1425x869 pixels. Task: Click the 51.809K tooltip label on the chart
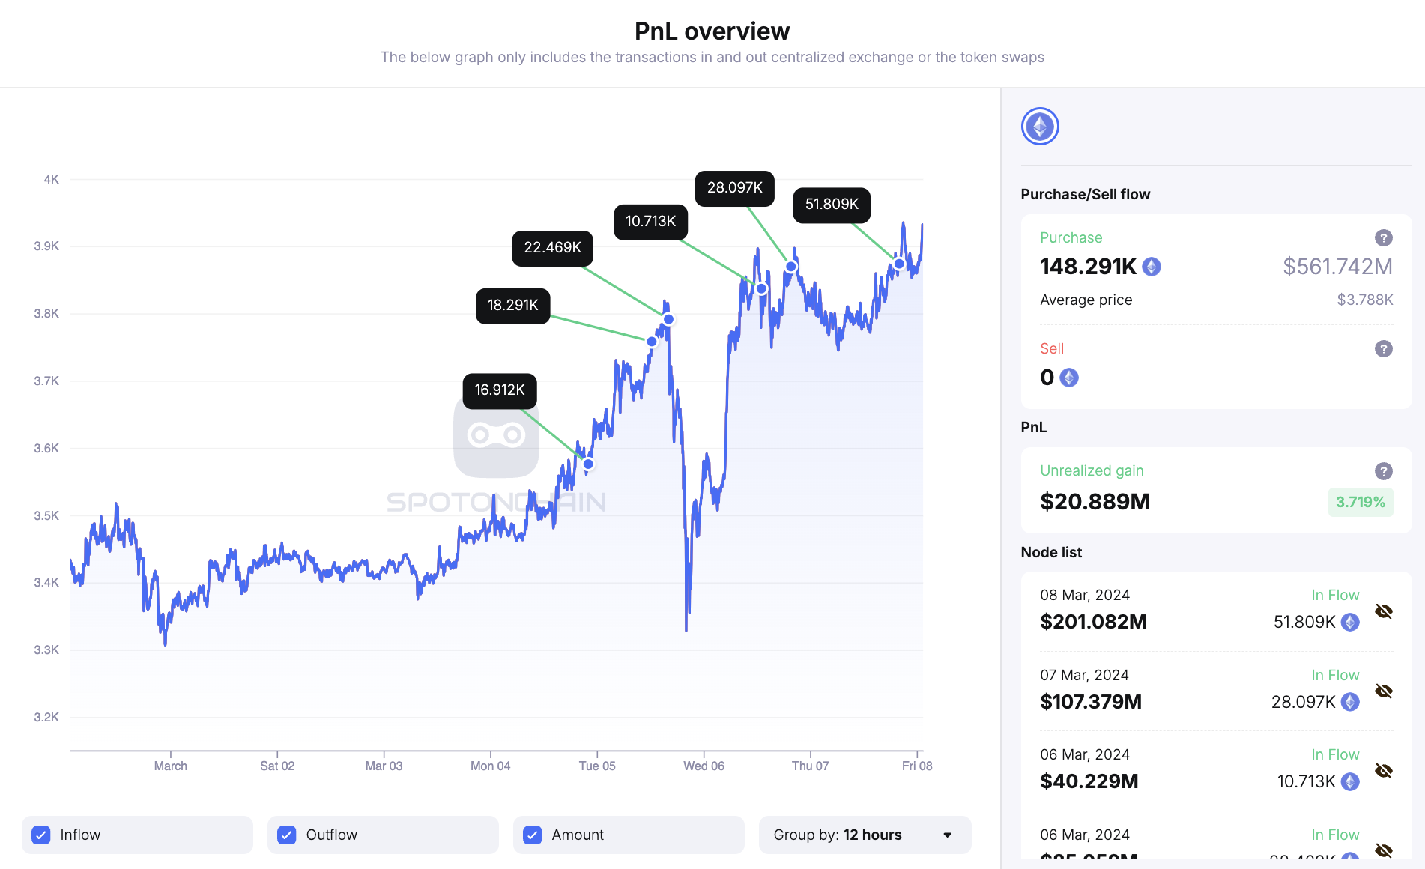click(x=832, y=205)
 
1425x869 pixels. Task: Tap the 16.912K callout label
click(x=500, y=390)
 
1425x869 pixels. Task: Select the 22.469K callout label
click(x=552, y=248)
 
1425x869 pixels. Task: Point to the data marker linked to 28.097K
click(x=790, y=267)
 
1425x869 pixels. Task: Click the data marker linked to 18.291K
click(x=652, y=342)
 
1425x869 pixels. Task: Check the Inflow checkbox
click(x=41, y=835)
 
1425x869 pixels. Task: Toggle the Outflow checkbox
click(x=287, y=835)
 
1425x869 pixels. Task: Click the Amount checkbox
click(x=533, y=835)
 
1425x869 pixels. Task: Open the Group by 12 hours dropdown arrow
click(x=947, y=835)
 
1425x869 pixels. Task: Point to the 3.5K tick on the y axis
click(x=46, y=515)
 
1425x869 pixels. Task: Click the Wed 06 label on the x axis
click(x=704, y=766)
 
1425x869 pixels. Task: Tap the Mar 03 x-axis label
click(x=384, y=766)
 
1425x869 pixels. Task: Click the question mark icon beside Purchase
click(x=1383, y=237)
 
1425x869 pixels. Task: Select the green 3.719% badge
click(x=1360, y=502)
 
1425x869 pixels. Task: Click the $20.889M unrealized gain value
click(x=1095, y=502)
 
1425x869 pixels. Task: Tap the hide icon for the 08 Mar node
click(x=1383, y=611)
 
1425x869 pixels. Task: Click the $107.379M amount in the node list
click(x=1091, y=702)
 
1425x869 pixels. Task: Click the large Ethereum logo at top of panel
click(x=1040, y=127)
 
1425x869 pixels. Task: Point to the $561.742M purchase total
click(x=1337, y=267)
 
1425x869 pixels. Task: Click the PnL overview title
click(x=712, y=31)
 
